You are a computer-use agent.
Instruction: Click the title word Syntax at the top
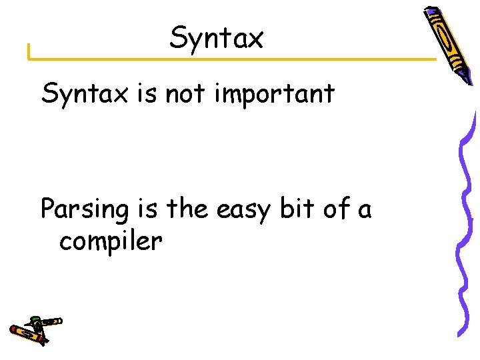pyautogui.click(x=217, y=38)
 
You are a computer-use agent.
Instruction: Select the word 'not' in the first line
pyautogui.click(x=185, y=95)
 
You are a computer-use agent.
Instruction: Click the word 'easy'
pyautogui.click(x=244, y=210)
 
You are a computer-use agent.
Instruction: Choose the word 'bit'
pyautogui.click(x=295, y=209)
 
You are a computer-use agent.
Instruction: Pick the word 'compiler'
pyautogui.click(x=110, y=241)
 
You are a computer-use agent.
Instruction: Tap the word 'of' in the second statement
pyautogui.click(x=335, y=209)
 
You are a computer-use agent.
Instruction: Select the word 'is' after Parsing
pyautogui.click(x=145, y=209)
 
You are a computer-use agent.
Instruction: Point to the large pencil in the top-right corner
pyautogui.click(x=449, y=43)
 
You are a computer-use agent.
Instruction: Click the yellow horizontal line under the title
pyautogui.click(x=233, y=59)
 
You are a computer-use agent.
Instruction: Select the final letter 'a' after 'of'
pyautogui.click(x=364, y=210)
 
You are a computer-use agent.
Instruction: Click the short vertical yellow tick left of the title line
pyautogui.click(x=29, y=52)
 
